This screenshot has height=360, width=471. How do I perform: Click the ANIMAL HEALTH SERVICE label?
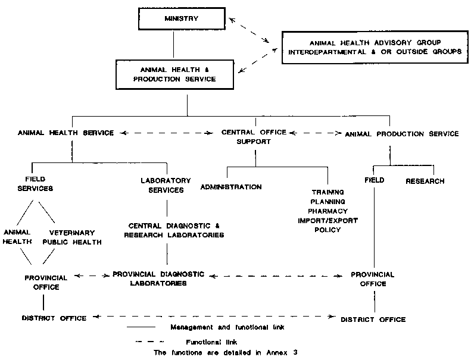tap(65, 133)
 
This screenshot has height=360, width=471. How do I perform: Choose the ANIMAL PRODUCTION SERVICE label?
tap(402, 134)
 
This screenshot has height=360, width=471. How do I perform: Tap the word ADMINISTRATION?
tap(231, 187)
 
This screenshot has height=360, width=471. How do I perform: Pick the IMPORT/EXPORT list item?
tap(327, 220)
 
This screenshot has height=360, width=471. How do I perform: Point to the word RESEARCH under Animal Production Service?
tap(425, 181)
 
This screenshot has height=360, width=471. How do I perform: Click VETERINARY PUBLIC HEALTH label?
tap(73, 237)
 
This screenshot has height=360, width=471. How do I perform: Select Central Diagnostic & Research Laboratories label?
tap(174, 230)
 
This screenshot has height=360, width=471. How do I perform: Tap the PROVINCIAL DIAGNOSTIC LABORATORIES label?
tap(158, 279)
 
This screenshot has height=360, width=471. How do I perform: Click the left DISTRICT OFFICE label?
tap(54, 318)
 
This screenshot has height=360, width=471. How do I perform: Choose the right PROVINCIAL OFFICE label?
tap(373, 279)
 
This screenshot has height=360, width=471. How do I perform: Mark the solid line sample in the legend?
tap(141, 327)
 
